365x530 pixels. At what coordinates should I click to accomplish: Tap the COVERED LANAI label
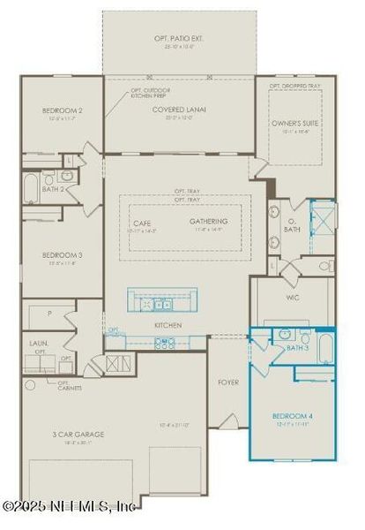tap(180, 109)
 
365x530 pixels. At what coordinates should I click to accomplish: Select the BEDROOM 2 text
tap(61, 110)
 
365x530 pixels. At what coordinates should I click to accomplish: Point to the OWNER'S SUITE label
tap(294, 124)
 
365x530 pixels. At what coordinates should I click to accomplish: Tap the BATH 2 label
tap(53, 189)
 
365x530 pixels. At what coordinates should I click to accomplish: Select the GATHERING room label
tap(209, 221)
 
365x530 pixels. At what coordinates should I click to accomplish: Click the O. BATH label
tap(294, 225)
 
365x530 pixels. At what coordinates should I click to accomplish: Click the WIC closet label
tap(294, 298)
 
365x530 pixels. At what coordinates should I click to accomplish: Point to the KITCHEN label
tap(168, 325)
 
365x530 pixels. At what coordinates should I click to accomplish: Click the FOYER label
tap(229, 382)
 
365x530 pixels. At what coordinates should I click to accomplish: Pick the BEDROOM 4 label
tap(292, 415)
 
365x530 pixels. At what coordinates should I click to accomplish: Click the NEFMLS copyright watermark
tap(69, 506)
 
